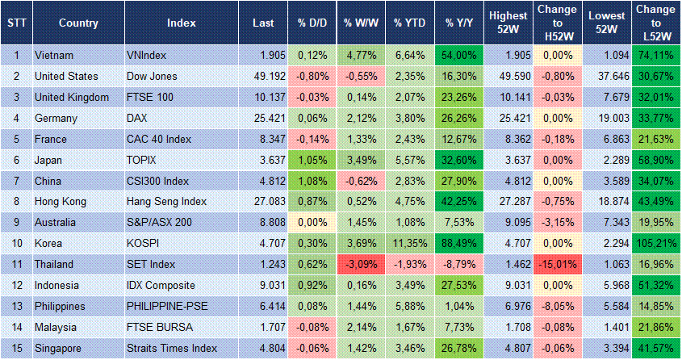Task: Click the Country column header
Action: click(x=78, y=23)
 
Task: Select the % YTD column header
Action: click(x=409, y=23)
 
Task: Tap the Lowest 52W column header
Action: click(x=605, y=23)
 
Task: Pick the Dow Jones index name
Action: click(x=152, y=76)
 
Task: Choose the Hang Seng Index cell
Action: click(x=167, y=202)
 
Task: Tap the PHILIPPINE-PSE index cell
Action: click(x=167, y=307)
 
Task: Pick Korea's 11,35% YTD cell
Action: click(x=409, y=244)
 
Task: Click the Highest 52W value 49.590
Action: click(x=507, y=76)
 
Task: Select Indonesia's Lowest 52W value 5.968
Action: click(x=605, y=286)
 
